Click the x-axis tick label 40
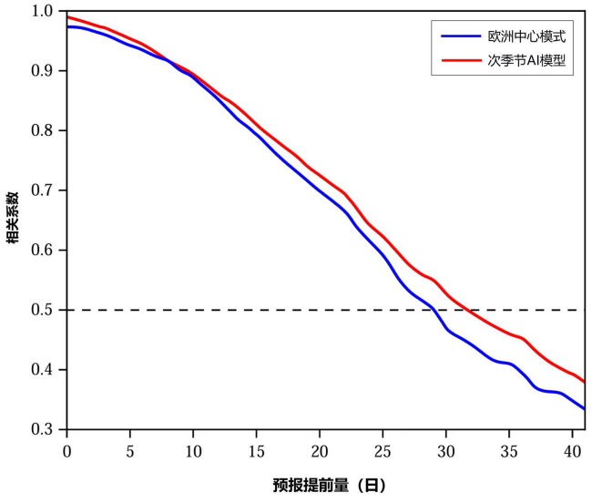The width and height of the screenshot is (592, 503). pyautogui.click(x=572, y=452)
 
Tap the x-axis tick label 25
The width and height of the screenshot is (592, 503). pyautogui.click(x=383, y=452)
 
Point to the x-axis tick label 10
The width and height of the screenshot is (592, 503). pyautogui.click(x=193, y=452)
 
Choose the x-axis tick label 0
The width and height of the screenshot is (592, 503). pyautogui.click(x=66, y=452)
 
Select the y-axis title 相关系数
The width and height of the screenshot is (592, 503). pyautogui.click(x=14, y=220)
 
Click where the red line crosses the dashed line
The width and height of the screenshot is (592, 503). pyautogui.click(x=469, y=310)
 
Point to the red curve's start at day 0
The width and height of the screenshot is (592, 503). pyautogui.click(x=67, y=16)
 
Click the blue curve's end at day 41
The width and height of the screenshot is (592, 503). pyautogui.click(x=584, y=409)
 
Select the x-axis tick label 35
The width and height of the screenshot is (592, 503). pyautogui.click(x=509, y=452)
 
